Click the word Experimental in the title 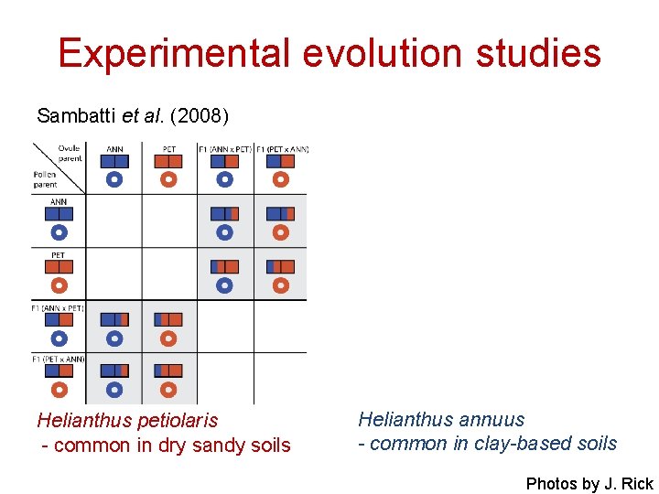175,53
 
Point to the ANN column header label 114,149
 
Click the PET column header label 168,149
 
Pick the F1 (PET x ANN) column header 282,149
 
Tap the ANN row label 58,202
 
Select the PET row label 58,255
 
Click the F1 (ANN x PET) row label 58,308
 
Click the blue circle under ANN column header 114,179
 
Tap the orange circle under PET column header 168,179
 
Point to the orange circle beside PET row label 59,285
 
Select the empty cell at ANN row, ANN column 114,220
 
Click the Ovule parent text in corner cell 69,154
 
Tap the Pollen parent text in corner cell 45,178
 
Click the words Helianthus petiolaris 127,421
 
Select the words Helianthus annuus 441,420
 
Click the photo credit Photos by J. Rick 589,484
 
